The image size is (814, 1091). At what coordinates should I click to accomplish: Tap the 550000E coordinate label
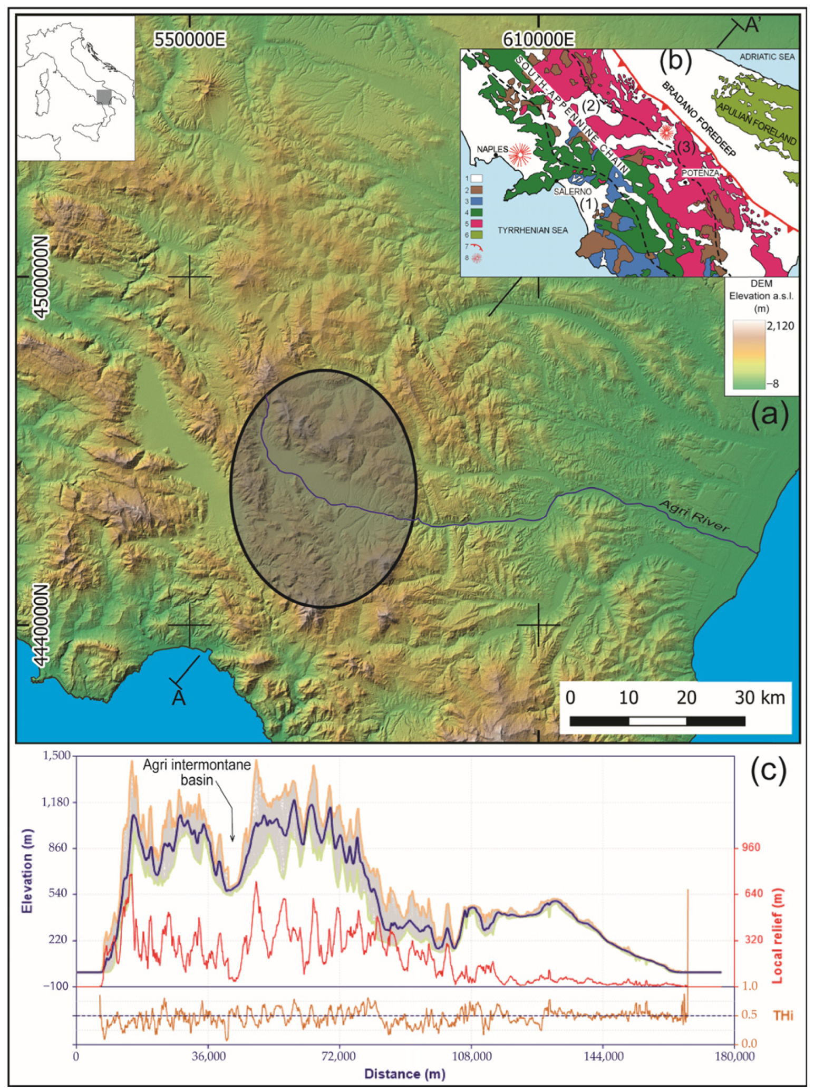[190, 40]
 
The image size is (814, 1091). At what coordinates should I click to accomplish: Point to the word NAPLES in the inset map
[492, 149]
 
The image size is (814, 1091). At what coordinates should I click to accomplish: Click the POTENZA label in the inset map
[700, 172]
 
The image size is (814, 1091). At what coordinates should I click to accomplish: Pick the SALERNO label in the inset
[572, 192]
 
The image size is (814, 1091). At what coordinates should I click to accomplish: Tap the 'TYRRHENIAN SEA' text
[532, 230]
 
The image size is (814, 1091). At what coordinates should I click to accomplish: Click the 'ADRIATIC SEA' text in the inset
[767, 57]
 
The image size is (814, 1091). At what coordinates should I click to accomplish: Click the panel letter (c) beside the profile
[768, 769]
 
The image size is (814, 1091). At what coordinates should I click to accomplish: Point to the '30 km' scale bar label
[759, 698]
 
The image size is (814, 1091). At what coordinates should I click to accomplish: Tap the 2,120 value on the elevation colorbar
[780, 326]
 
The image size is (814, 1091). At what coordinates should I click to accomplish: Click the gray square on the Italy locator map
[104, 97]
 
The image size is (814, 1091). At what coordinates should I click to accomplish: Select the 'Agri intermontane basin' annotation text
[197, 772]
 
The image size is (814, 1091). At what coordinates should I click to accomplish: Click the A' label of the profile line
[752, 25]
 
